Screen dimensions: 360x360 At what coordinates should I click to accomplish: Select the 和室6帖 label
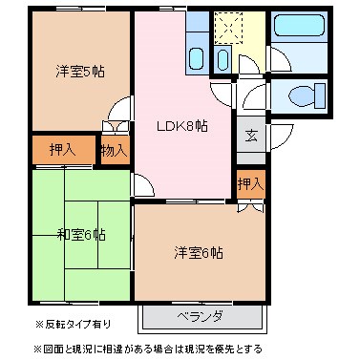point(81,235)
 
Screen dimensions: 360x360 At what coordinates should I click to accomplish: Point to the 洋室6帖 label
point(199,253)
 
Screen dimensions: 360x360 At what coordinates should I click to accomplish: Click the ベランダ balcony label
point(200,316)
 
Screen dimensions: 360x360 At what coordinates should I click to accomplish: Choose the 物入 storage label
point(115,151)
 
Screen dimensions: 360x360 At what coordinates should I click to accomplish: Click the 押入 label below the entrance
point(249,183)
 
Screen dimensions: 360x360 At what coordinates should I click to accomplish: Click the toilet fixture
point(302,95)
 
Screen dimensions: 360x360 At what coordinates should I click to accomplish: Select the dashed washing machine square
point(230,29)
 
